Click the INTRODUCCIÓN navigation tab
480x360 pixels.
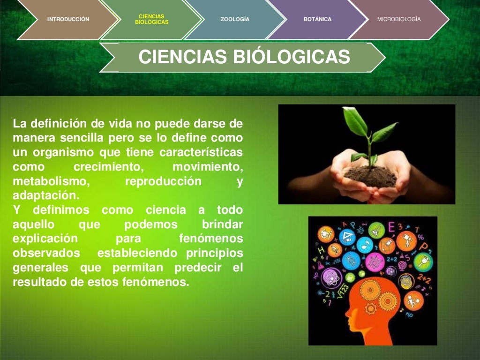pyautogui.click(x=68, y=19)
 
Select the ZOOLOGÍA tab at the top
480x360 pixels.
pyautogui.click(x=235, y=19)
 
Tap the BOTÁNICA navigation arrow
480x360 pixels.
pyautogui.click(x=317, y=19)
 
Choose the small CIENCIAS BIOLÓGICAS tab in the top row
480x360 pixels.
pyautogui.click(x=151, y=19)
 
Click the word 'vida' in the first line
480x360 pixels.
pyautogui.click(x=114, y=124)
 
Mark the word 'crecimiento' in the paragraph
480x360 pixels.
pyautogui.click(x=108, y=167)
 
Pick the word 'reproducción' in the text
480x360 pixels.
pyautogui.click(x=163, y=181)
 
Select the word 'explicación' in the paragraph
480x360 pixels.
pyautogui.click(x=45, y=239)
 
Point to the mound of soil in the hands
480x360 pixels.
pyautogui.click(x=371, y=176)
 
